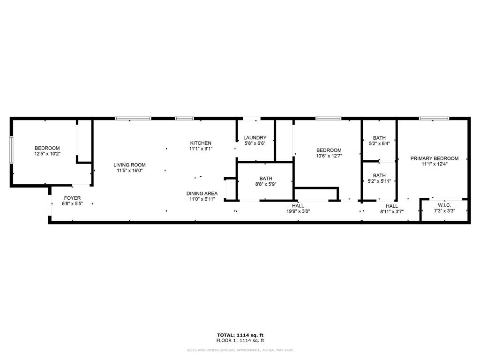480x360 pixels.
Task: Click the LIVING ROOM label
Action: [x=129, y=165]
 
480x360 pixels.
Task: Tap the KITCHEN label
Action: [x=201, y=143]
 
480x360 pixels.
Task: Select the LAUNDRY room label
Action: [x=255, y=137]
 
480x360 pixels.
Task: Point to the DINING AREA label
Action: [x=202, y=193]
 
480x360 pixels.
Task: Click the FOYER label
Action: [x=72, y=198]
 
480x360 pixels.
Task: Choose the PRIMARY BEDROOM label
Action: [x=435, y=158]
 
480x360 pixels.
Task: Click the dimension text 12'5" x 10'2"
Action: [x=47, y=153]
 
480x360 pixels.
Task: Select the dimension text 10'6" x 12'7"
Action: [x=328, y=156]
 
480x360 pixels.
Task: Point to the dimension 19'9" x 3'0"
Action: [x=298, y=211]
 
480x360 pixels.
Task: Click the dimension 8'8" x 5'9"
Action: [x=266, y=184]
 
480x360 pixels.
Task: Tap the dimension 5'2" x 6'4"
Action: [x=379, y=143]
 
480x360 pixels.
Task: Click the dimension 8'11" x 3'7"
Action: [x=392, y=211]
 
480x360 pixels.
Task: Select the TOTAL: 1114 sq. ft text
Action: [x=240, y=335]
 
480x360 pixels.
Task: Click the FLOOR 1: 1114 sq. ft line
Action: [x=240, y=340]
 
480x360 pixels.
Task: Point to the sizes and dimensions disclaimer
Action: [x=240, y=350]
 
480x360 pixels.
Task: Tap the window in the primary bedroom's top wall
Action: [x=434, y=118]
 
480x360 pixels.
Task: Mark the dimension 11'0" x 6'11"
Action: [x=202, y=199]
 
